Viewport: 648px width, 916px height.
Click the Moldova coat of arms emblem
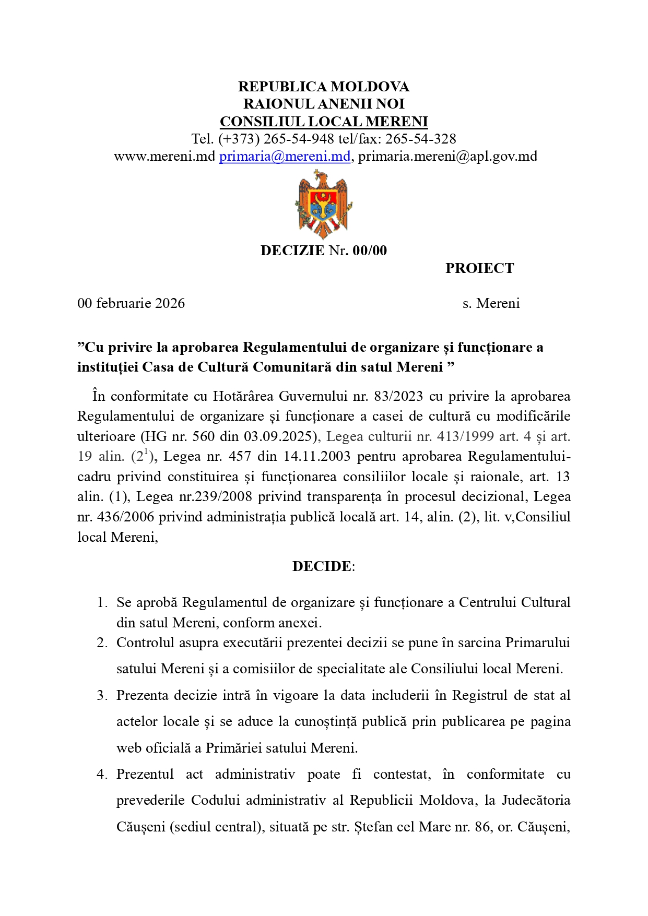(x=323, y=204)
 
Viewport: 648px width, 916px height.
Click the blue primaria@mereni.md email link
(x=285, y=156)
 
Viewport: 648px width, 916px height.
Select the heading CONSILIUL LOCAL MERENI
(x=324, y=122)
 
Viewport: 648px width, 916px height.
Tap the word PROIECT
(x=479, y=268)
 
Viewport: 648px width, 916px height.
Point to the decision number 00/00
(x=370, y=251)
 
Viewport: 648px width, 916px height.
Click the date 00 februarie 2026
(x=131, y=303)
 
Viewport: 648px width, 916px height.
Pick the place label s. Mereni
(x=491, y=303)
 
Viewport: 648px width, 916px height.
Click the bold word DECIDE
(x=322, y=566)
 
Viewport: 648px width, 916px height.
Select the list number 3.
(x=101, y=696)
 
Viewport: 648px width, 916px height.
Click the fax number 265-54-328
(x=420, y=139)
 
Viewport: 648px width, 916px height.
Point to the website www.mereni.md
(x=164, y=156)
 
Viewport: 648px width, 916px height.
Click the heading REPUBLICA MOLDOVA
(x=324, y=87)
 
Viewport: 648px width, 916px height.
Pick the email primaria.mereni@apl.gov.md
(x=447, y=156)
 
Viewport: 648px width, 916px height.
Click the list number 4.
(x=101, y=775)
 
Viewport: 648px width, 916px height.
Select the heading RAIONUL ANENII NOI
(x=324, y=104)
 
